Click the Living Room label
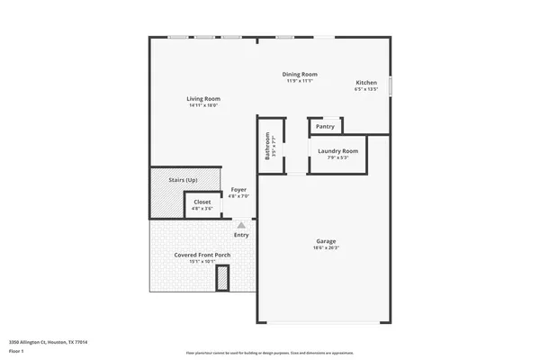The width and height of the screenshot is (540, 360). click(x=203, y=99)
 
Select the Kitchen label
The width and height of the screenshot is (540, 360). click(x=365, y=84)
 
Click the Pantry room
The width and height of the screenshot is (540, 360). click(x=325, y=127)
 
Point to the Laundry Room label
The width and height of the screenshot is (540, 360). click(x=337, y=150)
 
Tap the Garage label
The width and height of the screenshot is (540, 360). click(x=325, y=240)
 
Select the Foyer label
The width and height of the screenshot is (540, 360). click(x=238, y=189)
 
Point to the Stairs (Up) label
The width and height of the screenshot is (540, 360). click(x=184, y=180)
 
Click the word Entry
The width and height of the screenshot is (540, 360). click(x=241, y=235)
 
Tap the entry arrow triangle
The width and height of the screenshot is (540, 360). click(x=240, y=225)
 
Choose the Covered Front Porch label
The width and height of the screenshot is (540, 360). click(x=202, y=255)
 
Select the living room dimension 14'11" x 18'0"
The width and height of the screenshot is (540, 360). click(x=203, y=106)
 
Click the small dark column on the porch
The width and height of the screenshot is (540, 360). click(x=222, y=281)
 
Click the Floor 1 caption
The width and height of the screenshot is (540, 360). click(x=17, y=350)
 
